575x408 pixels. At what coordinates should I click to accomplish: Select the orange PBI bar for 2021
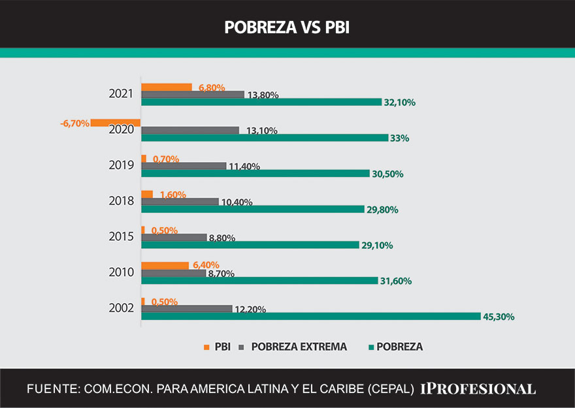coord(167,87)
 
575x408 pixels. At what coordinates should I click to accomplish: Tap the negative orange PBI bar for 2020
coord(116,123)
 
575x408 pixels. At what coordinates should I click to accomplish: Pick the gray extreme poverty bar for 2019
coord(184,166)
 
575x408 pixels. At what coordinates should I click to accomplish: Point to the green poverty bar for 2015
coord(250,245)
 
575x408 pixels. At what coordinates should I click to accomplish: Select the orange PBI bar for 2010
coord(165,266)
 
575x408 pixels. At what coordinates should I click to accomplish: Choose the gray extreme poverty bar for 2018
coord(180,202)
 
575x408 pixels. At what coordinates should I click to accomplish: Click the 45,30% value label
coord(499,317)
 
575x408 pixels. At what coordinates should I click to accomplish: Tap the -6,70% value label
coord(74,123)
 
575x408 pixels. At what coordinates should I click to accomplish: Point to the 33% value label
coord(399,138)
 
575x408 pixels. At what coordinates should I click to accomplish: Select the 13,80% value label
coord(263,95)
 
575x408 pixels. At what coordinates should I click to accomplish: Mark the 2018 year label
coord(122,200)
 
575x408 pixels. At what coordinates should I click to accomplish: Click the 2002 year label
coord(122,307)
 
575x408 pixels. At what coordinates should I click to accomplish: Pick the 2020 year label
coord(122,129)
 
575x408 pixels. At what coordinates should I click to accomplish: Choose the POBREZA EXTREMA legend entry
coord(299,347)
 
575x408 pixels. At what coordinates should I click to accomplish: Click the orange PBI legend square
coord(207,347)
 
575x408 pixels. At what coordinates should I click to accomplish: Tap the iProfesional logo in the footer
coord(478,388)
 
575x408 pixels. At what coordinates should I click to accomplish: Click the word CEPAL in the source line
coord(391,389)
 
